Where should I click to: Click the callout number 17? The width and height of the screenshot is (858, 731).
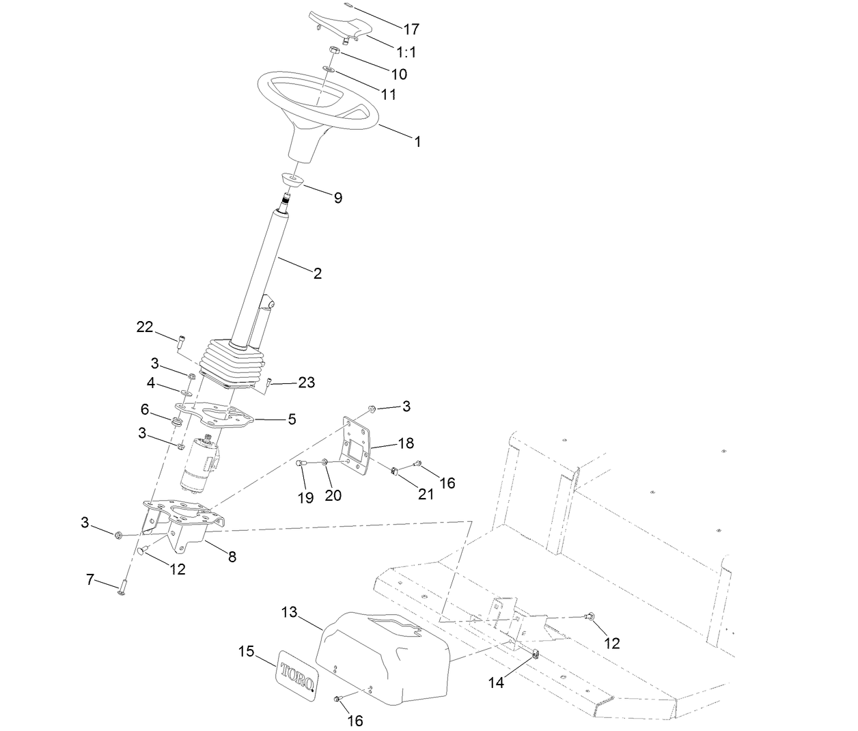click(411, 29)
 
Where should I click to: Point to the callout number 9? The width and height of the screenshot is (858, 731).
click(337, 198)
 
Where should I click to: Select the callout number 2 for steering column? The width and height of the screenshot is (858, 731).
click(317, 273)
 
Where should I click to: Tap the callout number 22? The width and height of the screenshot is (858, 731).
click(145, 327)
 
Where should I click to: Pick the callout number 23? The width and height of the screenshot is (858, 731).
click(307, 383)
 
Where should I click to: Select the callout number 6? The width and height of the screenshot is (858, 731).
click(145, 409)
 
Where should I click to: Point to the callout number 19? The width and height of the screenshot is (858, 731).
click(306, 498)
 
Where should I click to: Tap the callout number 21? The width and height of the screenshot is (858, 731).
click(426, 495)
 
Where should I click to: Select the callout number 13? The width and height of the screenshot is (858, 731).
click(290, 612)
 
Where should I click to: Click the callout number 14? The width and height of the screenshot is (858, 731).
click(496, 682)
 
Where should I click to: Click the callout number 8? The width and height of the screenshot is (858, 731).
click(232, 557)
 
